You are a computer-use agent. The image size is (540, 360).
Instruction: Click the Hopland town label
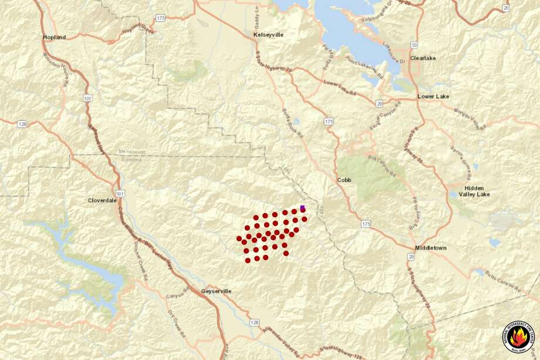click(54, 38)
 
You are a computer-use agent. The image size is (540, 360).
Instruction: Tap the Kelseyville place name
click(268, 35)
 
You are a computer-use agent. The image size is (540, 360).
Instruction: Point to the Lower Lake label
click(433, 96)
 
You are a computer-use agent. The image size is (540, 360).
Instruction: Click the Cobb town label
click(344, 180)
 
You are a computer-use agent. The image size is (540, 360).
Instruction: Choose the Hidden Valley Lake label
click(473, 191)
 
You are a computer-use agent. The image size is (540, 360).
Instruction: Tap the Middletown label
click(430, 248)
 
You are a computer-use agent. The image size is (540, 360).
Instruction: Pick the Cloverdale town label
click(103, 200)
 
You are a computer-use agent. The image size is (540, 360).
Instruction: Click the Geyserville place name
click(216, 291)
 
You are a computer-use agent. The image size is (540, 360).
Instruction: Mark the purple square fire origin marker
click(302, 208)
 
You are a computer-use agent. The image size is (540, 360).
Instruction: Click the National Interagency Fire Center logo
click(518, 337)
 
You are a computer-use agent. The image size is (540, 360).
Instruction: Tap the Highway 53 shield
click(414, 45)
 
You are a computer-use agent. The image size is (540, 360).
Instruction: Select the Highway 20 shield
click(506, 8)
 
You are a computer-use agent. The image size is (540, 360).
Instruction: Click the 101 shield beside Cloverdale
click(120, 193)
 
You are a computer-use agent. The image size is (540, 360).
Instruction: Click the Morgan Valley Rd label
click(470, 115)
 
